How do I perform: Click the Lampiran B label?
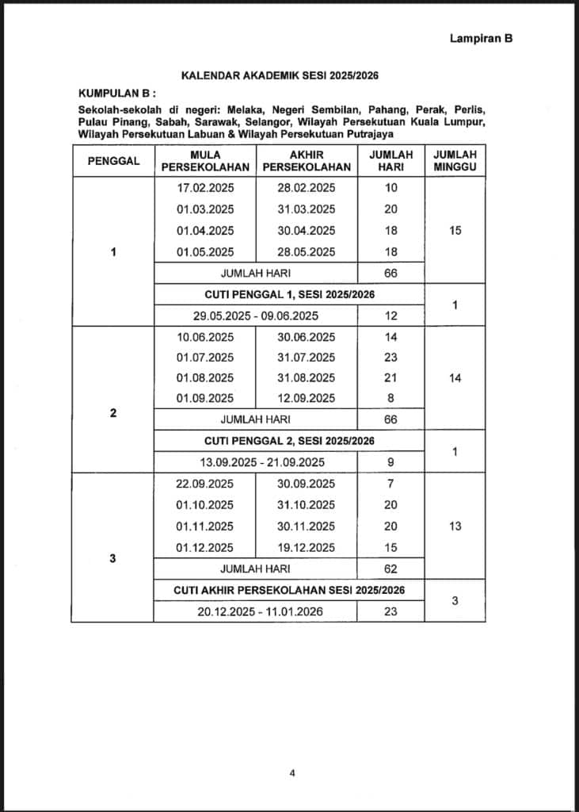click(481, 38)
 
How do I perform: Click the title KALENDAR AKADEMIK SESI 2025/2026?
click(280, 76)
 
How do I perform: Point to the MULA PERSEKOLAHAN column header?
click(205, 160)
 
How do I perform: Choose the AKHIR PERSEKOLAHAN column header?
click(307, 160)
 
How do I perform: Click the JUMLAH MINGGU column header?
click(455, 160)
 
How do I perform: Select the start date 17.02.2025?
click(205, 188)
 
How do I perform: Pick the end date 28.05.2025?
click(307, 252)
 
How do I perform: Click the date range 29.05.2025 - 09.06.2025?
click(255, 316)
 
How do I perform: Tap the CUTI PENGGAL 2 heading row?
click(289, 441)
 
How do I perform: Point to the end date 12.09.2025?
click(307, 398)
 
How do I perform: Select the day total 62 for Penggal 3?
click(390, 569)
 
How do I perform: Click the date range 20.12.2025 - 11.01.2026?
click(255, 611)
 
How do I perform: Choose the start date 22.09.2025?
click(205, 484)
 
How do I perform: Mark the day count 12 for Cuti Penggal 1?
click(390, 316)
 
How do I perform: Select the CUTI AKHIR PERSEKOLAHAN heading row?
click(289, 590)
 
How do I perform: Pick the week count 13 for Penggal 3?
click(455, 527)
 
